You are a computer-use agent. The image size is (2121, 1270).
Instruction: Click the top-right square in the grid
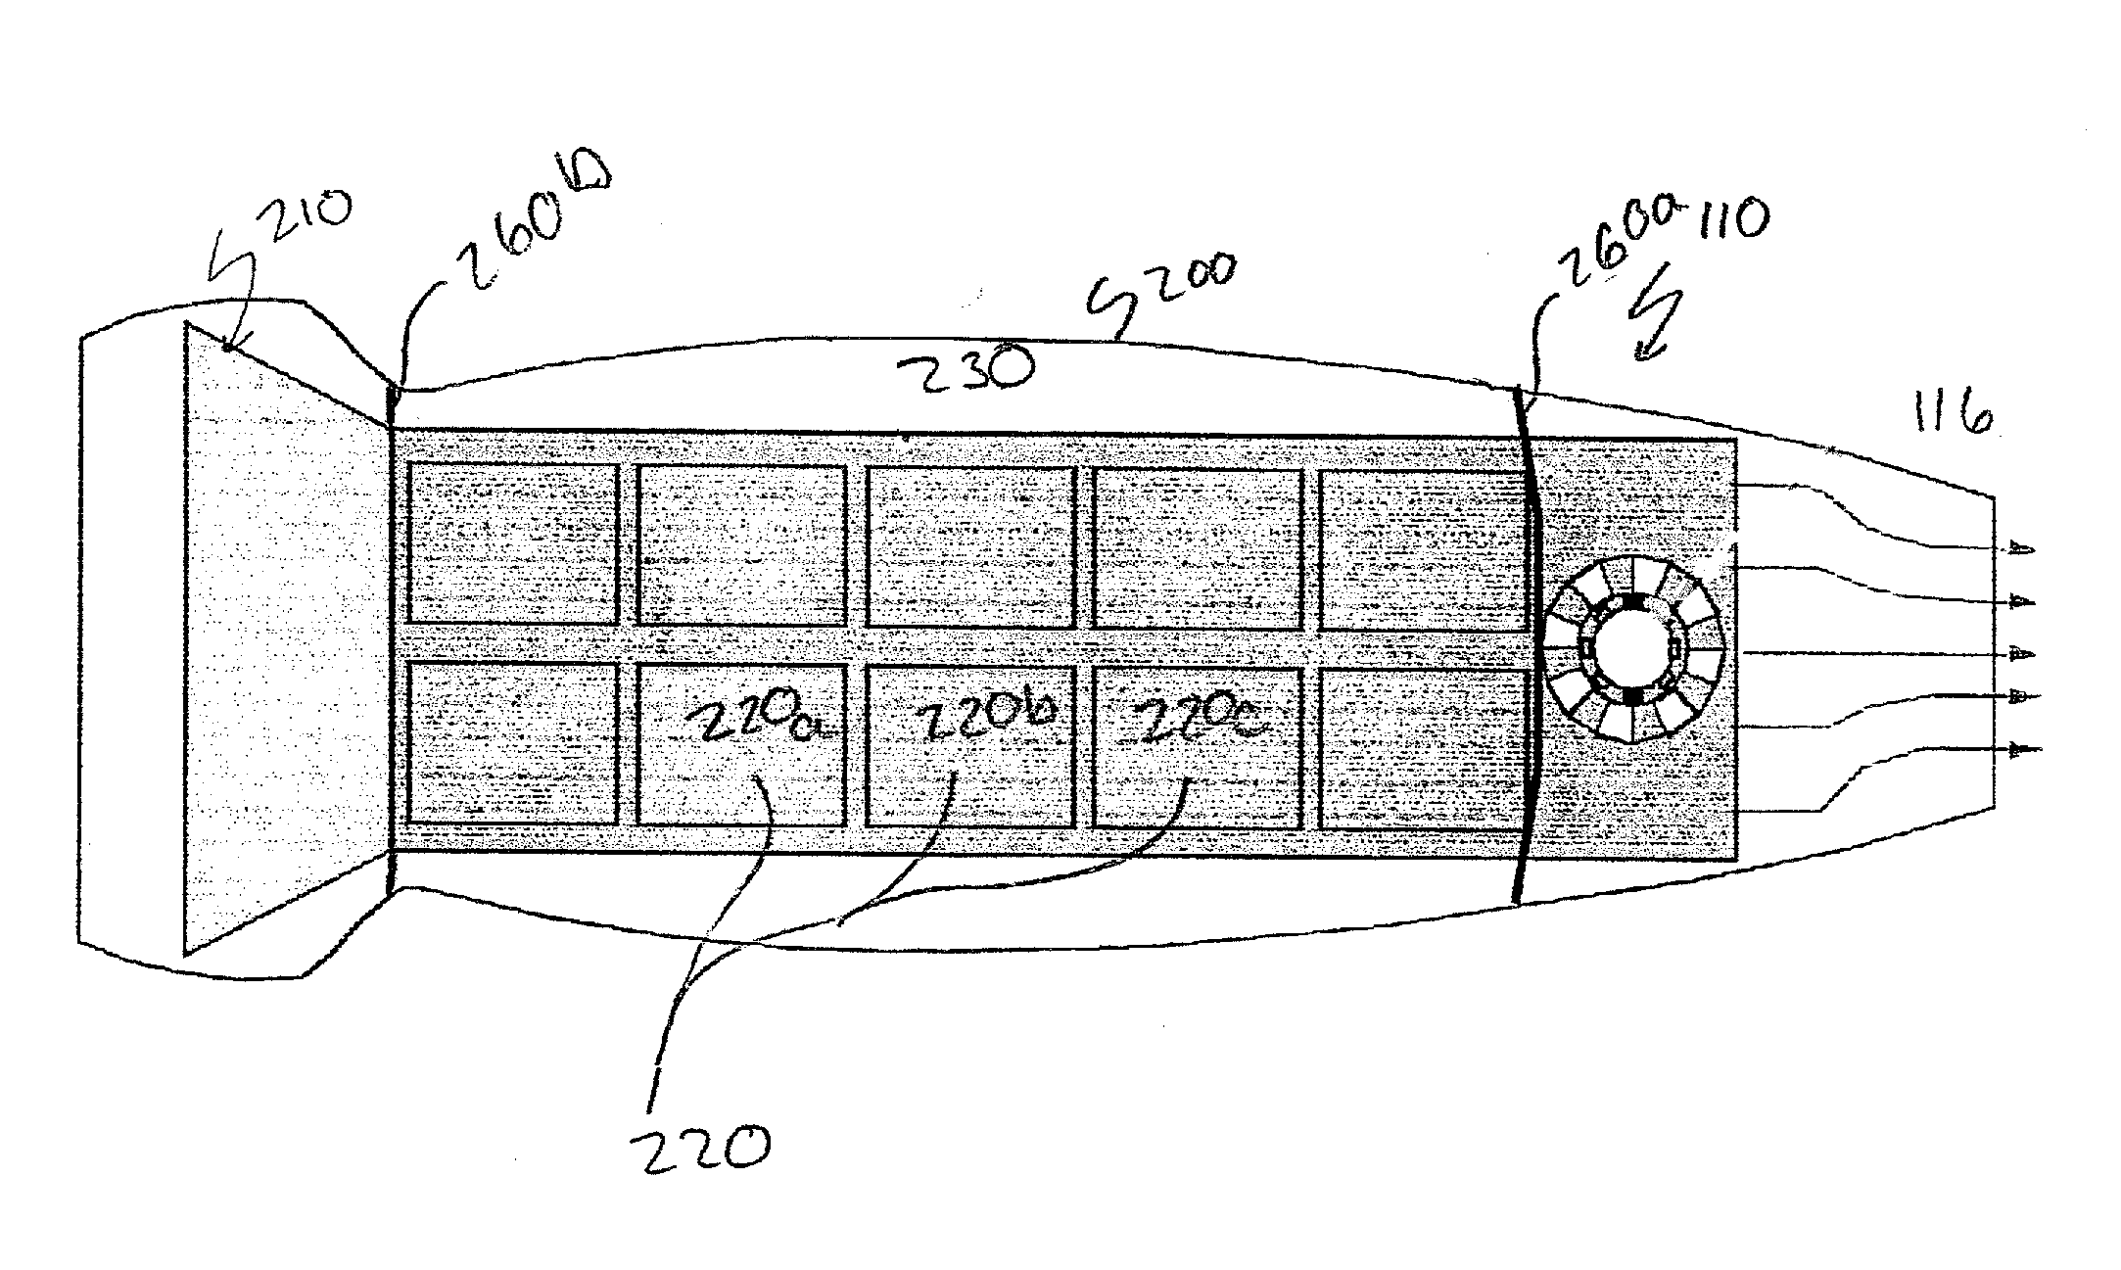tap(1422, 548)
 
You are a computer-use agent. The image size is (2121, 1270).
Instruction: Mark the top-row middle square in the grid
tap(970, 545)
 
